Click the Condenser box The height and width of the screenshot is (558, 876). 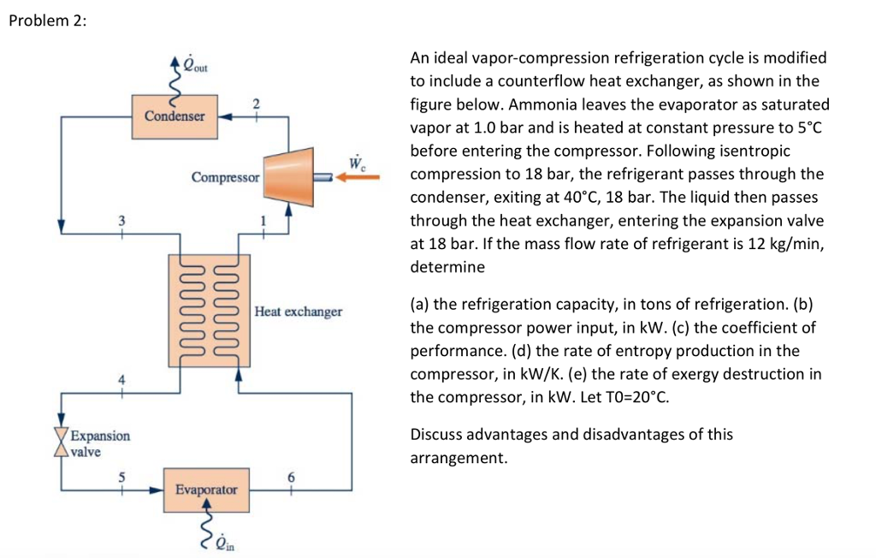(x=175, y=116)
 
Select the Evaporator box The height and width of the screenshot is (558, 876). (x=205, y=490)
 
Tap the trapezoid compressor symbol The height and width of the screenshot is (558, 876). (x=288, y=177)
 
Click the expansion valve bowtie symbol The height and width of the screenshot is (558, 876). (x=61, y=440)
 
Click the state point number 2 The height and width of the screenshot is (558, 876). (x=256, y=103)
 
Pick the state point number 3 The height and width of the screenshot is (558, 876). (x=121, y=219)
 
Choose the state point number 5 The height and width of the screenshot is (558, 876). (x=121, y=477)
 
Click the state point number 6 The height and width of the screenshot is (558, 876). (x=291, y=477)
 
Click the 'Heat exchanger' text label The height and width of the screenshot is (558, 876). (x=299, y=312)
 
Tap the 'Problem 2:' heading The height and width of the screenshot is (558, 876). (x=47, y=22)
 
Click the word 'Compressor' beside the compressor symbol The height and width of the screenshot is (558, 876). (x=225, y=178)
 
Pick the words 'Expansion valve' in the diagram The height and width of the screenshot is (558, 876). (x=99, y=443)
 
